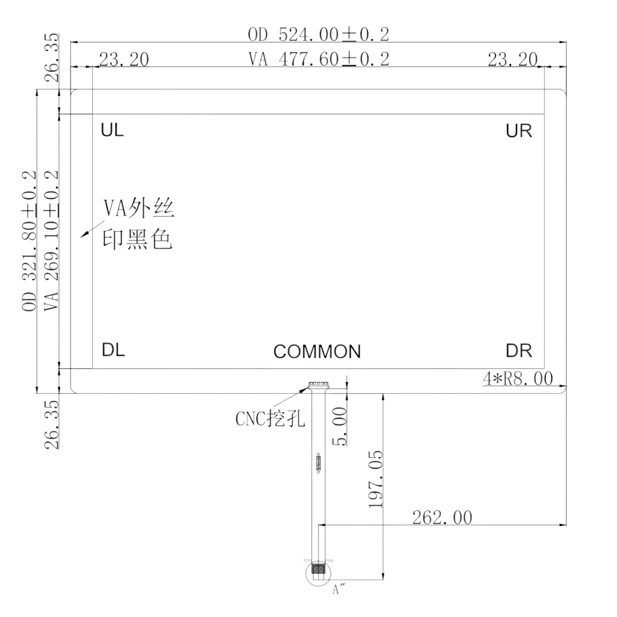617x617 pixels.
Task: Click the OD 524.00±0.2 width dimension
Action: [318, 35]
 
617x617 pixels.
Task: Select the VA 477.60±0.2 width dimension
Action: [319, 60]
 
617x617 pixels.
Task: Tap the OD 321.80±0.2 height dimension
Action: [29, 241]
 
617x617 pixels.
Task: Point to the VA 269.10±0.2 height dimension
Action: [51, 241]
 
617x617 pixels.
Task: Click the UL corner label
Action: [112, 130]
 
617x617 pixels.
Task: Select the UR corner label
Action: [519, 131]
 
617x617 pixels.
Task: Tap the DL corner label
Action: [113, 350]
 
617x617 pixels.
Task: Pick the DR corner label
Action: [519, 351]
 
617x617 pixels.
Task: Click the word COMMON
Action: [317, 352]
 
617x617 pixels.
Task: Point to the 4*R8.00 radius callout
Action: [518, 379]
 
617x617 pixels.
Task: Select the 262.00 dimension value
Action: [442, 518]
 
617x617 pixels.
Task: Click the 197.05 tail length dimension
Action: [376, 479]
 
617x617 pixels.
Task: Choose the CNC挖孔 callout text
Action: [270, 419]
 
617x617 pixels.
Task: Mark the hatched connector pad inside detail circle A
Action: [317, 569]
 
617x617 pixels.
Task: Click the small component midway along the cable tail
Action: [318, 463]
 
